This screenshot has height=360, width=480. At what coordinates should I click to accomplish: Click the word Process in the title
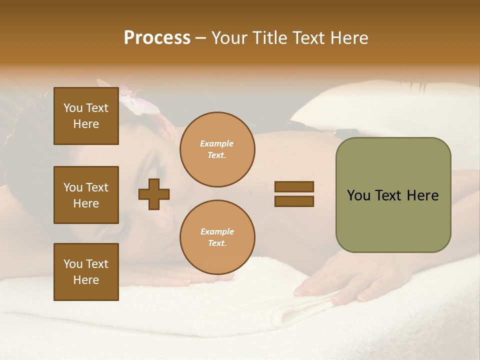click(157, 38)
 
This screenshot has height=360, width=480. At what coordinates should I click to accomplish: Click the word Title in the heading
click(268, 38)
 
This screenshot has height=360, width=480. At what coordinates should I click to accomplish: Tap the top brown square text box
click(86, 116)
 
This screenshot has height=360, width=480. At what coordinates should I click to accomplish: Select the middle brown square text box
click(86, 195)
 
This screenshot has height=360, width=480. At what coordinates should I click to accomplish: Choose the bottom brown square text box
click(86, 272)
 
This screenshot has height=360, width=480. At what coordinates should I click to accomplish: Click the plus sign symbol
click(154, 194)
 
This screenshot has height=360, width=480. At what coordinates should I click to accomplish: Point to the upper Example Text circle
click(217, 149)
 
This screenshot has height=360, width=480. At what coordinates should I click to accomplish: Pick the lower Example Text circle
click(217, 237)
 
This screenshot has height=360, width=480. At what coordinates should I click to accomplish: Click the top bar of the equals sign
click(294, 186)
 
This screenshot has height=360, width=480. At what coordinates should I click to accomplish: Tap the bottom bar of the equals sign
click(294, 201)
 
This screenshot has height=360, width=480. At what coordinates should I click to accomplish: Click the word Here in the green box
click(422, 195)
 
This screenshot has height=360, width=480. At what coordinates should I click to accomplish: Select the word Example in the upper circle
click(217, 143)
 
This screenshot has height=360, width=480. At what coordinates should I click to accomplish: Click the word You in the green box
click(359, 195)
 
